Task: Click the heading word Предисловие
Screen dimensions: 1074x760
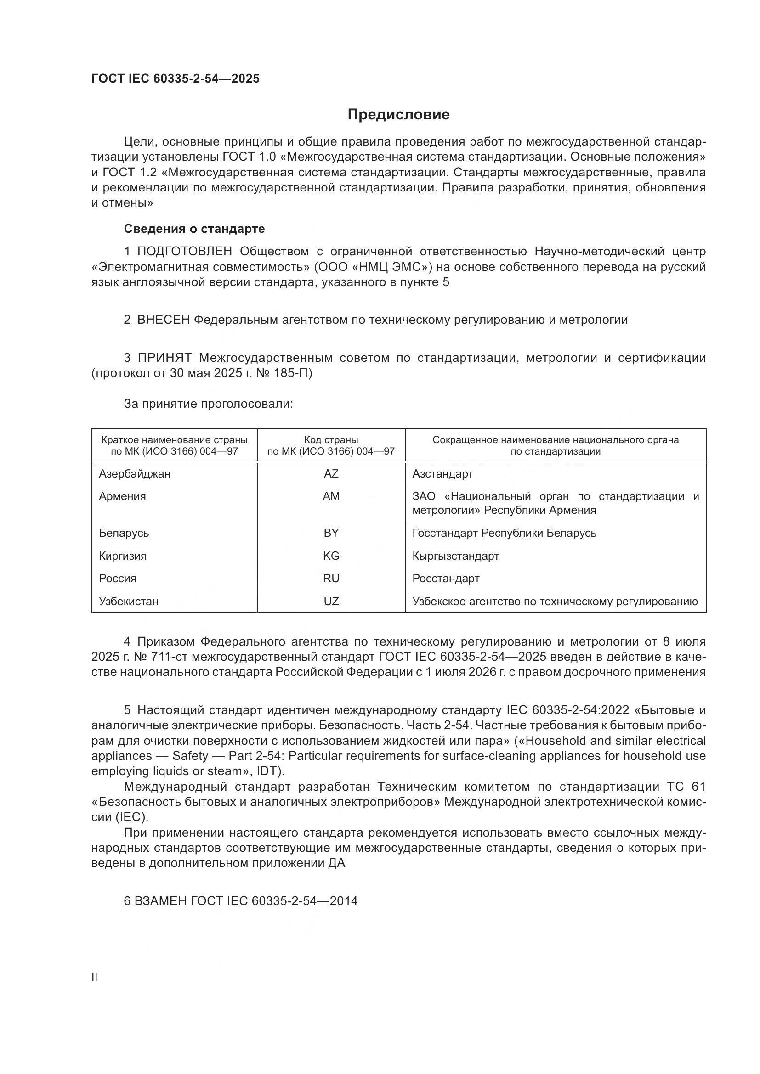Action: [398, 115]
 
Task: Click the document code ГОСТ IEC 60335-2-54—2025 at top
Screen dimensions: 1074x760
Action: [176, 79]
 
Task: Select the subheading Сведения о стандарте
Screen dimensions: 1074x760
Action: [194, 229]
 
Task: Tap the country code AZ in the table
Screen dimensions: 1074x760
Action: [331, 474]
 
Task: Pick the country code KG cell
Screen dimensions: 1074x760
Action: [331, 556]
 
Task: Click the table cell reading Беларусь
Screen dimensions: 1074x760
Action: [124, 533]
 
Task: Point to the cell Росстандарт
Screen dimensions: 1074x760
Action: [446, 578]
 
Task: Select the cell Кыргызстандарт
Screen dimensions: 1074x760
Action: [455, 556]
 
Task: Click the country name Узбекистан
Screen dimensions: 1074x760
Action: [129, 601]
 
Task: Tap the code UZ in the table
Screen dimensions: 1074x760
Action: [331, 601]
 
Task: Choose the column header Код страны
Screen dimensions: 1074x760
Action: [331, 440]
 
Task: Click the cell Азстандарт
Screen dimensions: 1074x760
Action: [442, 474]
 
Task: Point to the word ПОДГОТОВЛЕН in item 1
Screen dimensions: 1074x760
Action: [184, 251]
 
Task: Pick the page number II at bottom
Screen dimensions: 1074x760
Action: [95, 977]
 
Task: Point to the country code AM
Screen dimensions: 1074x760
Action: [331, 496]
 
